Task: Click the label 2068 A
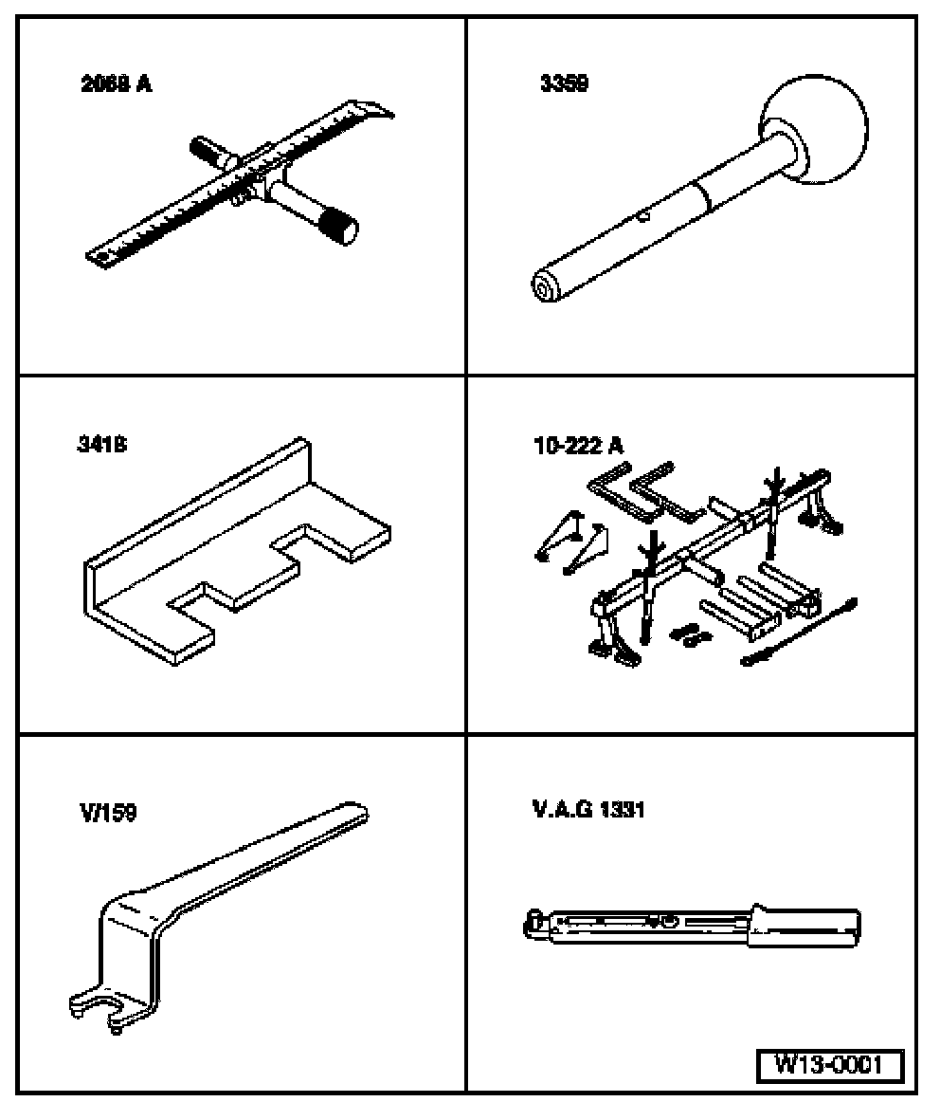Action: point(117,84)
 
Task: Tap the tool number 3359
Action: point(563,84)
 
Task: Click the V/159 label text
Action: point(107,813)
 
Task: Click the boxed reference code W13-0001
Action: point(828,1065)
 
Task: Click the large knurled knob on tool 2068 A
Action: point(337,229)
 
